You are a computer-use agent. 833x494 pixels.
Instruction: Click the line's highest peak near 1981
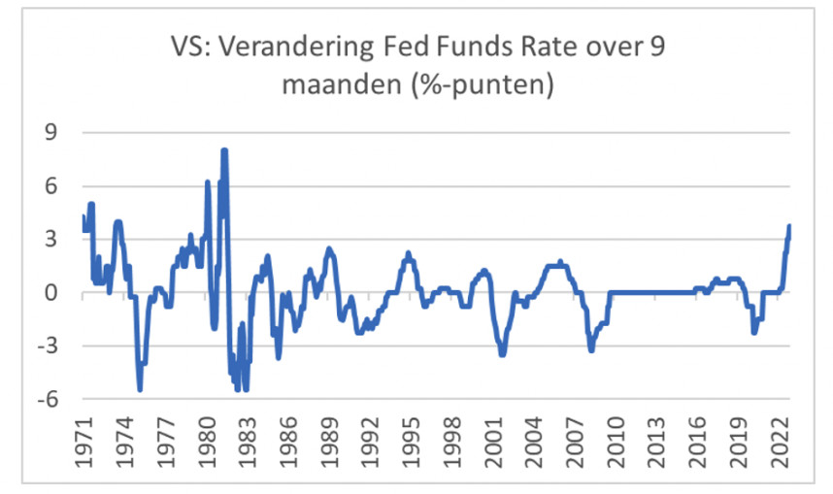click(x=224, y=150)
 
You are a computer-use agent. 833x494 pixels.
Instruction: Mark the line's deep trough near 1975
click(x=141, y=389)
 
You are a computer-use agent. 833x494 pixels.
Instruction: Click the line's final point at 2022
click(x=789, y=225)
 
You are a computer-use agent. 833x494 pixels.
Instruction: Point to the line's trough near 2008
click(x=591, y=349)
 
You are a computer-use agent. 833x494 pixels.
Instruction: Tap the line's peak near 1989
click(x=329, y=248)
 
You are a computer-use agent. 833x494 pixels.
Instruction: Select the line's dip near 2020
click(x=754, y=333)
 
